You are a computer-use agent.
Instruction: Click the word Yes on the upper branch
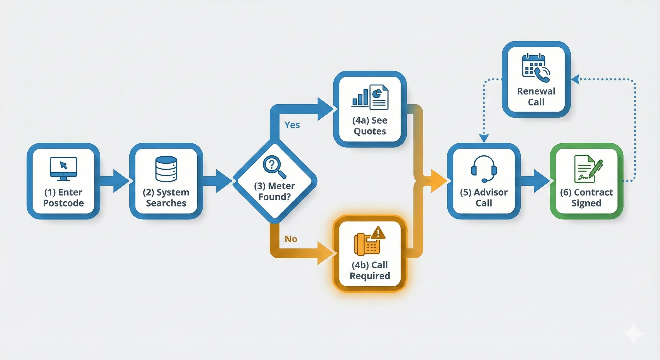292,125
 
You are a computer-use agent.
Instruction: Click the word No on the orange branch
291,239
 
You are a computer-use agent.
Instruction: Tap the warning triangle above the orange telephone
378,233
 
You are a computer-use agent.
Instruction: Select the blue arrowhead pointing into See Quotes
325,109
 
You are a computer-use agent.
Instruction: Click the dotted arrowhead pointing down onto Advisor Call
484,138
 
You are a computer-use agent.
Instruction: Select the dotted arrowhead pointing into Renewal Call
575,79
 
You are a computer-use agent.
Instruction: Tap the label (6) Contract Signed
586,198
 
